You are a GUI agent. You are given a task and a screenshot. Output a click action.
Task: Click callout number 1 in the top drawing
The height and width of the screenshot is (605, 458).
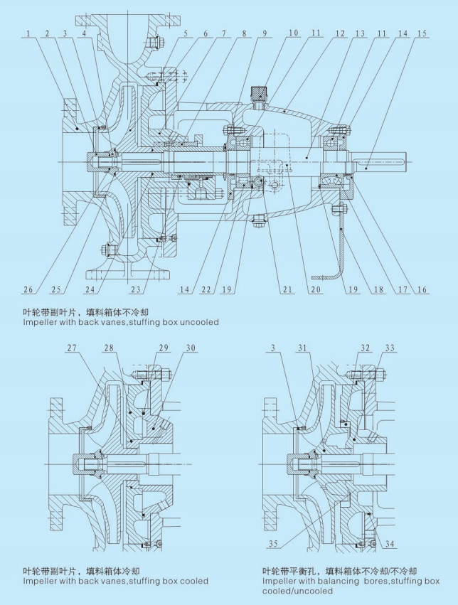[x=26, y=33]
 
